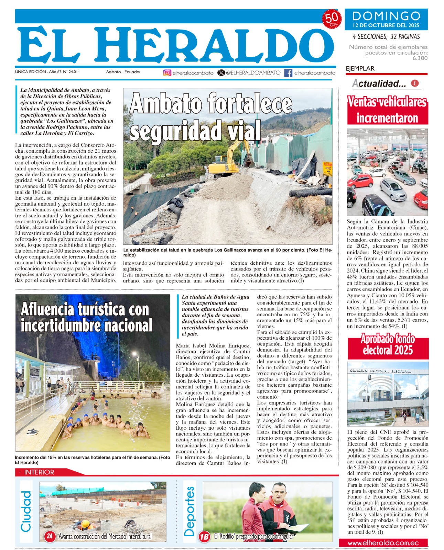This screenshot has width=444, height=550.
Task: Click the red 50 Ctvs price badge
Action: [x=332, y=19]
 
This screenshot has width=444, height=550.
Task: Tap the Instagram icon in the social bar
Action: [x=167, y=73]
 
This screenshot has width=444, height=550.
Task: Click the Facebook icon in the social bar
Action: [x=288, y=73]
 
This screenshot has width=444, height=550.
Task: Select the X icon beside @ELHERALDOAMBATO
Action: [x=221, y=73]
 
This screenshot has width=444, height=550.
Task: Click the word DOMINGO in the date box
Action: [x=386, y=16]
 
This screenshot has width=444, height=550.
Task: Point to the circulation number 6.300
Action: [x=420, y=58]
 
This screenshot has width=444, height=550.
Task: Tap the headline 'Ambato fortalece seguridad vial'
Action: [x=211, y=117]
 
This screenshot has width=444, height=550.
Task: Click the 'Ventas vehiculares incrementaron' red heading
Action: [x=387, y=110]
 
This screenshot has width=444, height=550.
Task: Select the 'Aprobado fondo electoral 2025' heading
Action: [x=388, y=345]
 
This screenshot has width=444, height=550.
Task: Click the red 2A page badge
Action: [x=50, y=536]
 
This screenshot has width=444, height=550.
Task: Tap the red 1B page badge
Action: [x=204, y=537]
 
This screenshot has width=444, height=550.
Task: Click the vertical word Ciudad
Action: [x=26, y=511]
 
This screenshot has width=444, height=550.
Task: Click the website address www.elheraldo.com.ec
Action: [x=383, y=543]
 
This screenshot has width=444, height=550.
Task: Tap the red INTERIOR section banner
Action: [x=40, y=472]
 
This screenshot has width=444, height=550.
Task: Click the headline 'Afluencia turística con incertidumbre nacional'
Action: [x=86, y=317]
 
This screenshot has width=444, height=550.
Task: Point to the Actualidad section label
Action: [x=379, y=83]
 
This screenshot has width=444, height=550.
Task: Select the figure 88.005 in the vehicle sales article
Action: [x=420, y=246]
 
